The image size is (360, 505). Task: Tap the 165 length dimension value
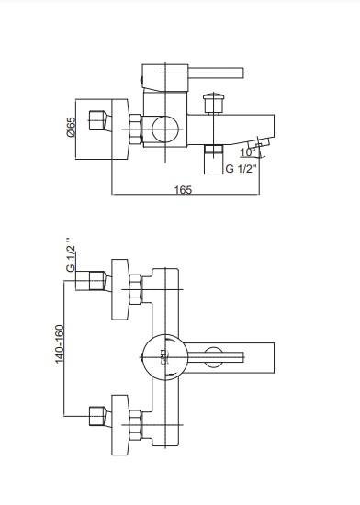(x=183, y=190)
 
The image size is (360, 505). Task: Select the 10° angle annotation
(x=248, y=152)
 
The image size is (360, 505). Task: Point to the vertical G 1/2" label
(x=71, y=254)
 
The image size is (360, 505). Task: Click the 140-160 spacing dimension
(x=60, y=343)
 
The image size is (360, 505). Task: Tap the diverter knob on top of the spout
(x=213, y=103)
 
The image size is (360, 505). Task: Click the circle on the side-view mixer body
(x=165, y=129)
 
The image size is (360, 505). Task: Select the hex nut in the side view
(x=135, y=129)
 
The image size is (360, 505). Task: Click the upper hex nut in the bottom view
(x=135, y=289)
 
